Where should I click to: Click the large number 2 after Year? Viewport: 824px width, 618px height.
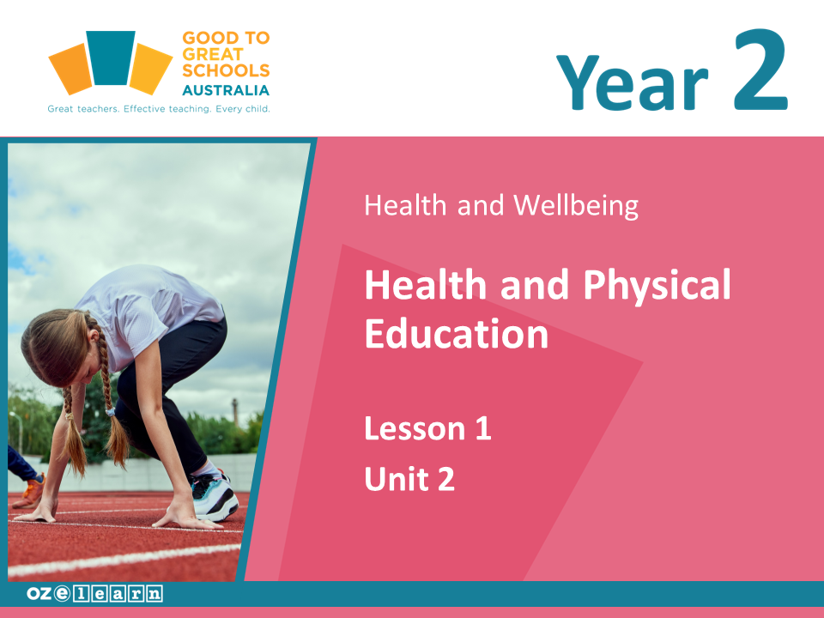(x=761, y=70)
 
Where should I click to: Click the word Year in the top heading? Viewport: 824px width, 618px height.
(x=633, y=83)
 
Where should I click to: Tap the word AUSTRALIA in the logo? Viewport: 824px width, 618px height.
(x=226, y=90)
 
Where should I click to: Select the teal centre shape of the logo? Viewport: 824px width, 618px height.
(x=111, y=58)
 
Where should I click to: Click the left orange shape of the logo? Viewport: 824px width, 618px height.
(x=71, y=69)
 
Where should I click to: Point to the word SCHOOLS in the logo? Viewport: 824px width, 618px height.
(x=226, y=70)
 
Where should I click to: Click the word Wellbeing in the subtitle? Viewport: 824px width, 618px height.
(x=576, y=205)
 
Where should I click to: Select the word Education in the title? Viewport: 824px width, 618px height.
(x=456, y=334)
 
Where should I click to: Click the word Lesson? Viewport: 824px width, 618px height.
(x=415, y=428)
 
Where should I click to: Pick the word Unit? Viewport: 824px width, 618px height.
(x=397, y=479)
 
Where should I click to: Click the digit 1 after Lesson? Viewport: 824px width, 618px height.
(x=483, y=428)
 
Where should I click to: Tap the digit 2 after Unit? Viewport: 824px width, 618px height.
(x=446, y=479)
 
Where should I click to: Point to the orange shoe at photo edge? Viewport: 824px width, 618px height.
(x=29, y=491)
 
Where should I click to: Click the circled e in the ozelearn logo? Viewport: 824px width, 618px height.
(x=62, y=594)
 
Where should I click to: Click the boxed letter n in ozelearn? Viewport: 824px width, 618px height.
(x=154, y=594)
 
